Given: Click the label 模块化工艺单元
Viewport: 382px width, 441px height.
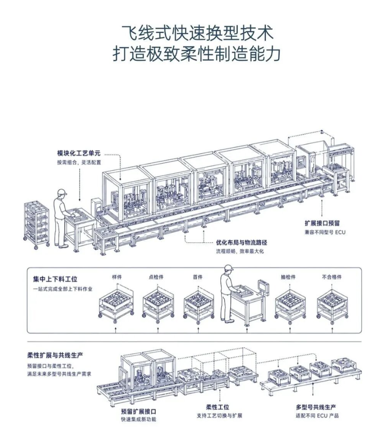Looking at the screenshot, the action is point(78,153).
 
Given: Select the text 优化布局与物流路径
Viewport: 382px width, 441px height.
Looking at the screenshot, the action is point(241,243).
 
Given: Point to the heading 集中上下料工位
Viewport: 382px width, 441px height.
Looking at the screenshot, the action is point(55,279).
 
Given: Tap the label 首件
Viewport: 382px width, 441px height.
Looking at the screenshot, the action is point(197,277).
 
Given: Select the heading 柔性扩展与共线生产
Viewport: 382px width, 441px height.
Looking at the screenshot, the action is point(55,355).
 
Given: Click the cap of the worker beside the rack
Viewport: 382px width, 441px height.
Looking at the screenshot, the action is point(62,192).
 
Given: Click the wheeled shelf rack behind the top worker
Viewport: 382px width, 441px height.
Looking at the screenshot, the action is point(37,225).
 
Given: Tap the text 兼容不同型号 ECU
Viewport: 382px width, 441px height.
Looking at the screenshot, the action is point(325,232).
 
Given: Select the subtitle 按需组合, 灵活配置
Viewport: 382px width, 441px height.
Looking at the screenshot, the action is point(79,162).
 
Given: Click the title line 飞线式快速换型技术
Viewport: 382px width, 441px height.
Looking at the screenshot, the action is point(197,33).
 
